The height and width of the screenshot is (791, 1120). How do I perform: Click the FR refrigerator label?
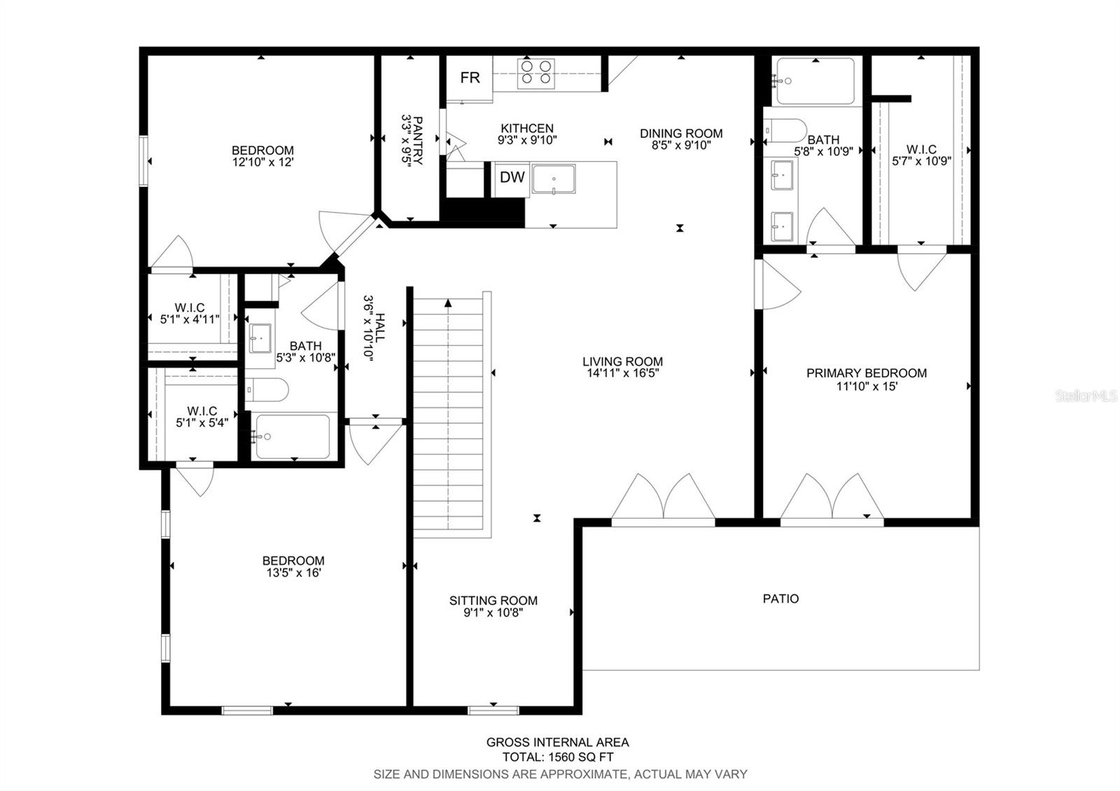(470, 78)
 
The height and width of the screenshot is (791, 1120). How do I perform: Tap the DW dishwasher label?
(512, 177)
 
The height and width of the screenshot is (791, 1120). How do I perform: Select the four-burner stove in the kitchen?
(536, 73)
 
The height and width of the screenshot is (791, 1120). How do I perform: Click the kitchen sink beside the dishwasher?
(554, 179)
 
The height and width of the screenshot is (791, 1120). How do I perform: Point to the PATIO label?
(780, 598)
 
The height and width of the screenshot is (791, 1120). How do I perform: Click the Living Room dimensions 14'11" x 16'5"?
(622, 373)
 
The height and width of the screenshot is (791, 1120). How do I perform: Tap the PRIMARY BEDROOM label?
(867, 373)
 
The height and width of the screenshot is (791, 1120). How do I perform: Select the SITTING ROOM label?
(493, 601)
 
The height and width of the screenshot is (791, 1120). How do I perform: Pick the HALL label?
(380, 328)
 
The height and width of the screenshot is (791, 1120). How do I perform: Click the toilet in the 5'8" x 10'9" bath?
(785, 130)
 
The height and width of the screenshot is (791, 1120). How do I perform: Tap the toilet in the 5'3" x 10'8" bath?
(267, 389)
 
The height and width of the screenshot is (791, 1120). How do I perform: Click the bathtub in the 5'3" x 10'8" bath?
(293, 437)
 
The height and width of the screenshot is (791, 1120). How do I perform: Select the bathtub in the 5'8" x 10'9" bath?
(815, 81)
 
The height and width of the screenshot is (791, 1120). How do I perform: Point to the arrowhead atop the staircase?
(448, 303)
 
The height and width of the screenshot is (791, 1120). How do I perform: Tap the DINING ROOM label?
(681, 134)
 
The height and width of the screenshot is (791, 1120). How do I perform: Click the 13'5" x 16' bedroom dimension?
(293, 573)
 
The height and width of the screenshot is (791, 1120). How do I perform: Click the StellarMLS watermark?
(1086, 396)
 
